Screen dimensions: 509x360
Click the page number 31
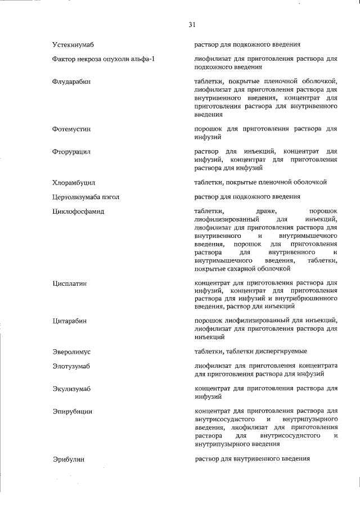(192, 25)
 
